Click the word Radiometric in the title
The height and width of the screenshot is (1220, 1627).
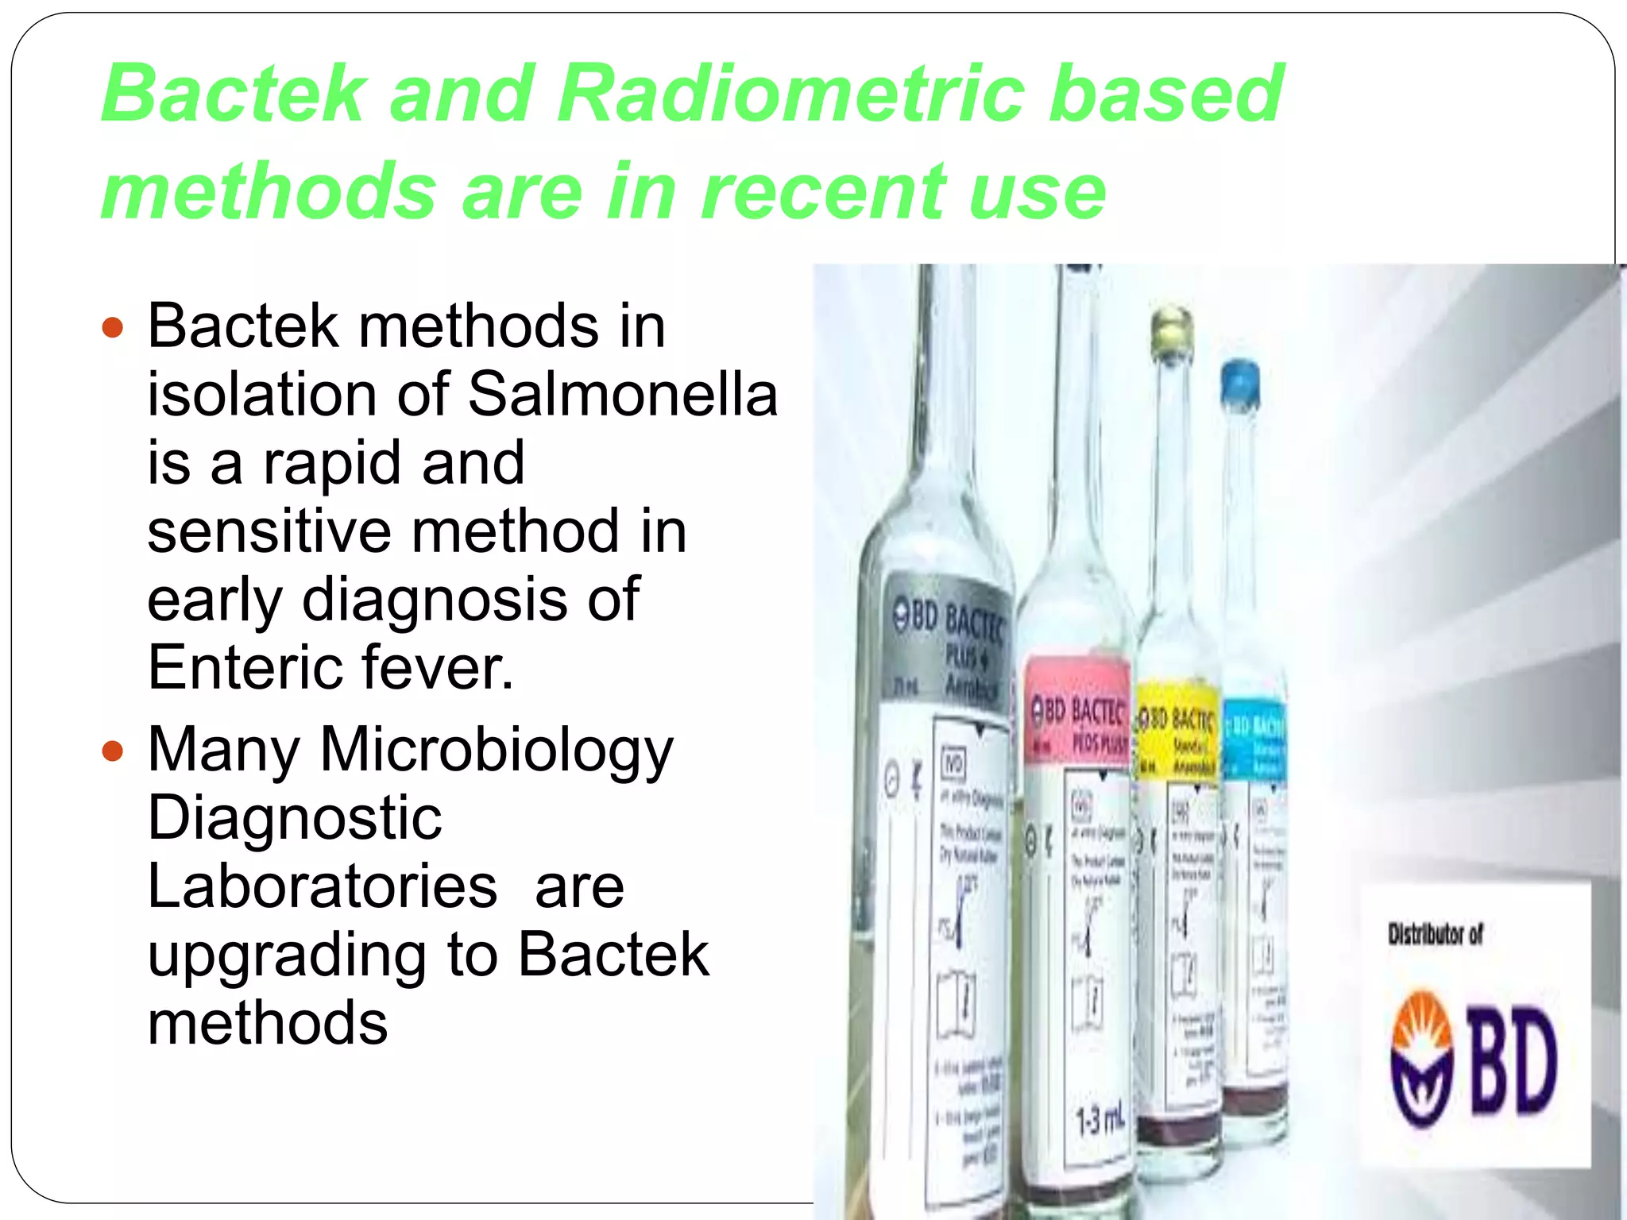[x=786, y=94]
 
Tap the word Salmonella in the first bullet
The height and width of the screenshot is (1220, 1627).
[x=623, y=394]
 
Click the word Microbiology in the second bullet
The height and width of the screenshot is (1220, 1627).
[x=497, y=751]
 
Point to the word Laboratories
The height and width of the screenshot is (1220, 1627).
[x=323, y=886]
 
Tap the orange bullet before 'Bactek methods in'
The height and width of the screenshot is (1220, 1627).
[x=114, y=326]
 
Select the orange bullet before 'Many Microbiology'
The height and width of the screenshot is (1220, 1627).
[x=114, y=751]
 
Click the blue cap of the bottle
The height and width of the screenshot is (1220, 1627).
[x=1241, y=384]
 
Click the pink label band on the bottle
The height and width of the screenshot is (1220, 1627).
[x=1076, y=711]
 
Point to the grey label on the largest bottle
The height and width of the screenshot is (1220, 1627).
[x=949, y=643]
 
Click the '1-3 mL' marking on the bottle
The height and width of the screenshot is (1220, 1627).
[x=1100, y=1121]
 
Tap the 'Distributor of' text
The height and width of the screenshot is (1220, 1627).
[x=1435, y=935]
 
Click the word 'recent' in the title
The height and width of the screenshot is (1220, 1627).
[x=823, y=191]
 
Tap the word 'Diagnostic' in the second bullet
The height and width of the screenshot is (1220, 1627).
[x=295, y=818]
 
